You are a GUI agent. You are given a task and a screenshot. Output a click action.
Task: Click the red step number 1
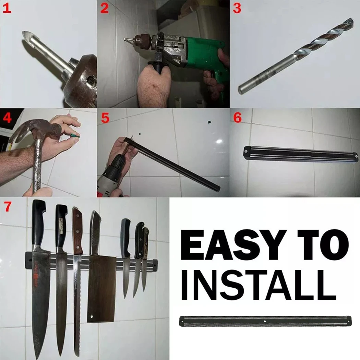[7, 9]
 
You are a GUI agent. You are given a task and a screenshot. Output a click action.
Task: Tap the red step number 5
[105, 118]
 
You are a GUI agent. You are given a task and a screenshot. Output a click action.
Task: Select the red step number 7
[8, 207]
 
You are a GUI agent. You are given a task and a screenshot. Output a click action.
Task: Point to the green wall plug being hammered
[75, 136]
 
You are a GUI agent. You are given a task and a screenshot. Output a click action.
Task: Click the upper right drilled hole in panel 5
[209, 122]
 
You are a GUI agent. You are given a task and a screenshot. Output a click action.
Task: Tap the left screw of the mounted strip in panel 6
[246, 152]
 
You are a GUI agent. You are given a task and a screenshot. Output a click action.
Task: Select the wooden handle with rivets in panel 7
[77, 231]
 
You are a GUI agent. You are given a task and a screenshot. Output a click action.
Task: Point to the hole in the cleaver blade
[92, 316]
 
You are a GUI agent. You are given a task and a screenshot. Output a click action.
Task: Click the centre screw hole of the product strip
[265, 321]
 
